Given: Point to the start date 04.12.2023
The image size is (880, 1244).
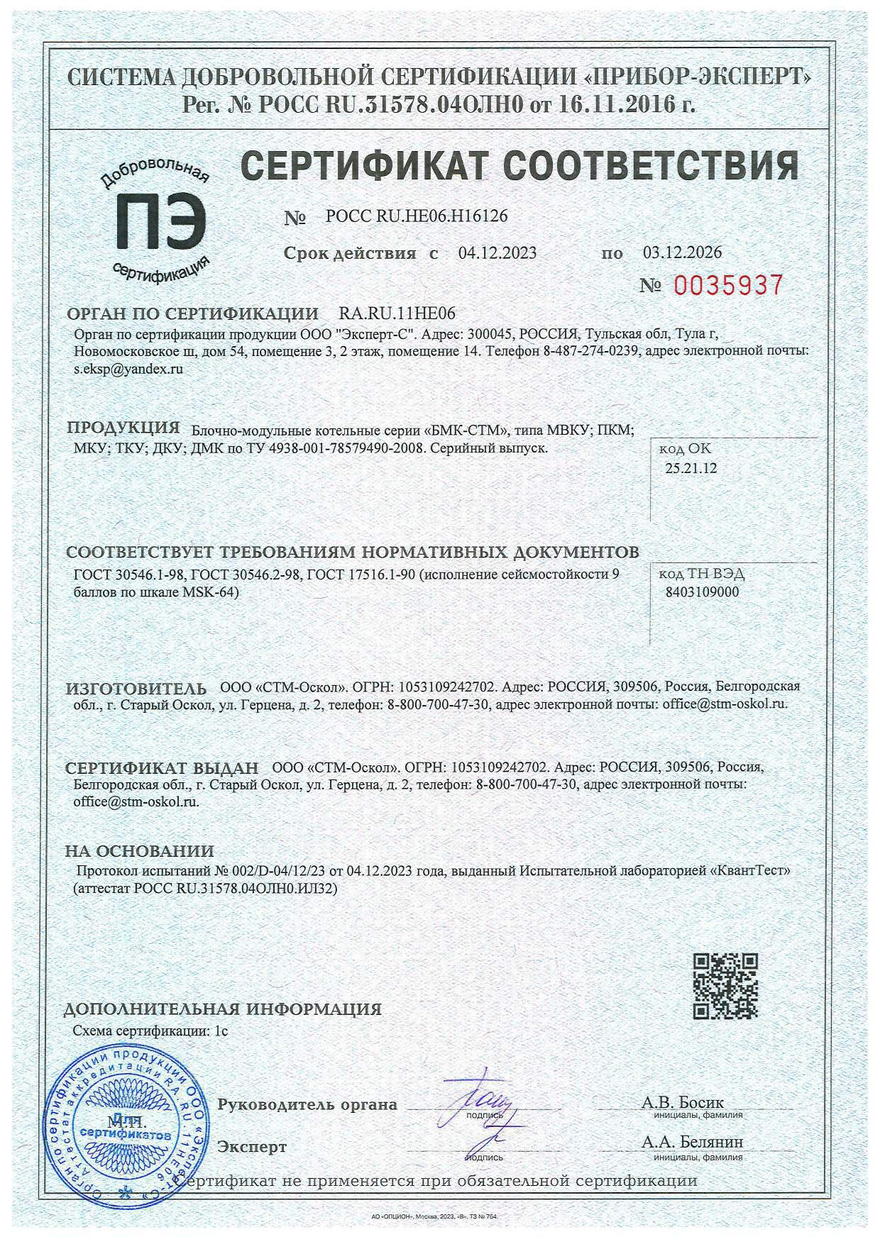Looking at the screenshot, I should (x=497, y=253).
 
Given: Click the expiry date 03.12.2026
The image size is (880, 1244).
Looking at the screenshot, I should (x=682, y=252).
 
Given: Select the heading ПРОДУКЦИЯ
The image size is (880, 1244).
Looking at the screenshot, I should (x=123, y=428).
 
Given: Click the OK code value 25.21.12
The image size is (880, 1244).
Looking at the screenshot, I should (x=691, y=468).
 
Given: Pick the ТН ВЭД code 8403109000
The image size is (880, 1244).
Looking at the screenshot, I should (x=703, y=592).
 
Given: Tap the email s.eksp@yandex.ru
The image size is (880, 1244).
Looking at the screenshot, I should (x=128, y=369).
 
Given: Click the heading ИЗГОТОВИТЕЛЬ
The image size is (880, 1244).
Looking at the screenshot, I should (x=136, y=689).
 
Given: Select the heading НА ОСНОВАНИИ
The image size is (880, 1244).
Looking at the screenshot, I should (x=140, y=851).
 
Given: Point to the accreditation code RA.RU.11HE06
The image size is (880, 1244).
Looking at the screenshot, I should (x=397, y=313).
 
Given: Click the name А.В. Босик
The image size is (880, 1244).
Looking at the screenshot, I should (x=682, y=1103).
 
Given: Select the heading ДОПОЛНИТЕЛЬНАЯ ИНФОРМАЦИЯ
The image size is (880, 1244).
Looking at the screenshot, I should (x=224, y=1009).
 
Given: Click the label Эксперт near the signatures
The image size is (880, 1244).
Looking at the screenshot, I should (x=253, y=1147).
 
